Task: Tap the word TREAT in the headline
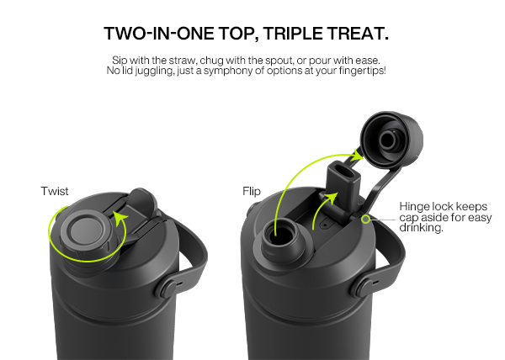(354, 33)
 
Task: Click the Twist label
(55, 191)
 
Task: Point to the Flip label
(252, 191)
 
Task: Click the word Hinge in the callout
(414, 206)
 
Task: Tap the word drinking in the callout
(422, 227)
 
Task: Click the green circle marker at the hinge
(365, 220)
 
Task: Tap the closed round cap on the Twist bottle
(87, 230)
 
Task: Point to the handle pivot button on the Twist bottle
(166, 288)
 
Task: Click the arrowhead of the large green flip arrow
(359, 155)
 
